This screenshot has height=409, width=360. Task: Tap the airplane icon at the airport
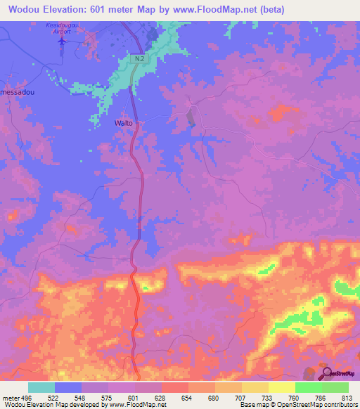point(63,40)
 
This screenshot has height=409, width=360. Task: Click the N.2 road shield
point(139,59)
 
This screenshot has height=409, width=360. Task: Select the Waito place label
point(123,123)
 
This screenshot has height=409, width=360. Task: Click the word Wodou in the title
point(23,10)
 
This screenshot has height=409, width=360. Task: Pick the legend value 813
point(347,397)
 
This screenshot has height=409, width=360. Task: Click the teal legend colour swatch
point(41,387)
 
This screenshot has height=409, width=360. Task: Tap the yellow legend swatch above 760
point(281,387)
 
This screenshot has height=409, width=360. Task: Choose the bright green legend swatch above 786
point(308,387)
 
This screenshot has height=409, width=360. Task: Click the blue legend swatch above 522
point(68,387)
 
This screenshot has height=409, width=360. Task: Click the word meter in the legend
point(11,397)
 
